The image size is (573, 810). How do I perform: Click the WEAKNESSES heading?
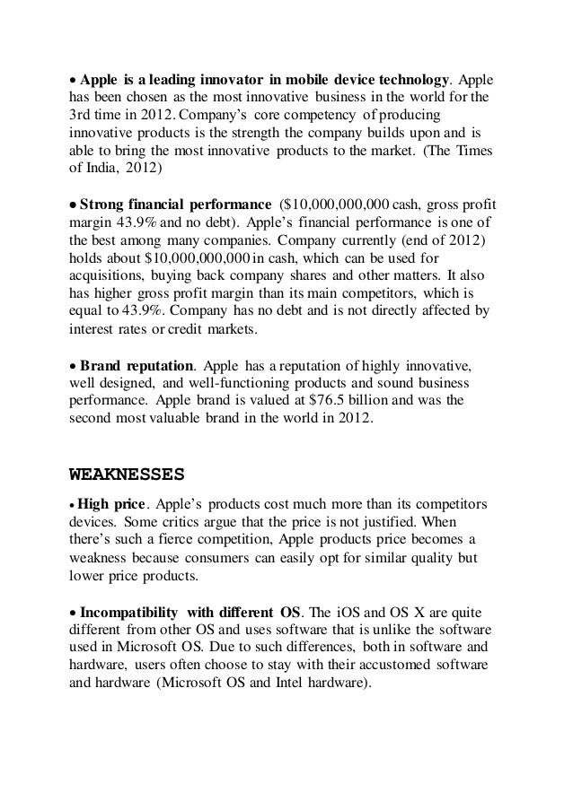point(127,472)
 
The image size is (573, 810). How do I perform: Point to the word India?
point(110,168)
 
